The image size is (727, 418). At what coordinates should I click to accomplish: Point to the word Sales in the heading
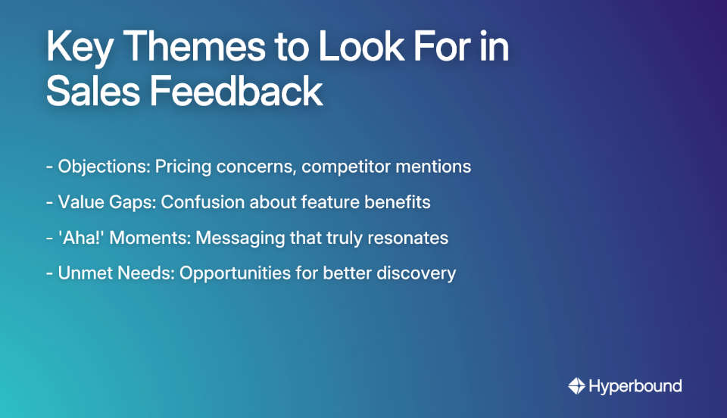point(92,92)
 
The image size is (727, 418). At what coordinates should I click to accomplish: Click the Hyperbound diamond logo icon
point(576,386)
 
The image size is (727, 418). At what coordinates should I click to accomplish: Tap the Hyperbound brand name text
point(635,386)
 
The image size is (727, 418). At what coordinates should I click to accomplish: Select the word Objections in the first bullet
point(103,167)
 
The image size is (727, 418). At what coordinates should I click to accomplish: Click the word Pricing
point(183,167)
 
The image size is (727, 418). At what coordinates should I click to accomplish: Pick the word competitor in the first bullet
point(340,167)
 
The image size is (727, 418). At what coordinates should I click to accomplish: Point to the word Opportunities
point(228,273)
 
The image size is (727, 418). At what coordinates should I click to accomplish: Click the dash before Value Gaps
point(49,203)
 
